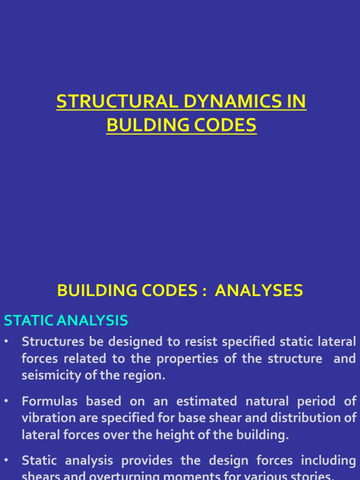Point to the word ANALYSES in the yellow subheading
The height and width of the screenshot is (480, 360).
tap(259, 291)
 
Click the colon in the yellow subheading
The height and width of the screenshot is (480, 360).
tap(203, 292)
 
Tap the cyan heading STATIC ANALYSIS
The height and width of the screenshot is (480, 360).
tap(66, 321)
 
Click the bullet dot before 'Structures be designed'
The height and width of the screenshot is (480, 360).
tap(6, 342)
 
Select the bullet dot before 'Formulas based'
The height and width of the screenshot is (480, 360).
tap(6, 401)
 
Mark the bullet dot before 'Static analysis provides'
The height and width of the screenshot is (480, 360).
tap(6, 461)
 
